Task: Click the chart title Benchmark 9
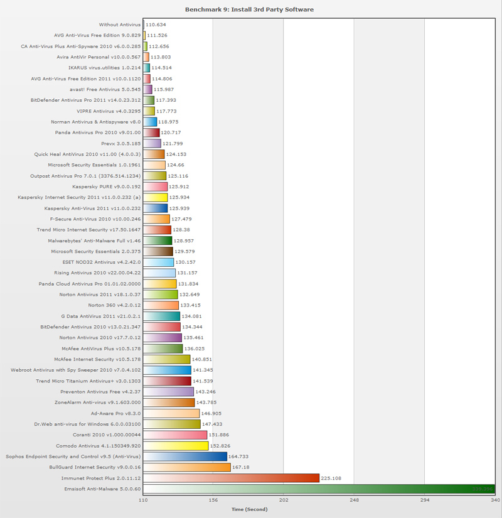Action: (x=250, y=9)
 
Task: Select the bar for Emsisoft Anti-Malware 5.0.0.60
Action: (x=319, y=489)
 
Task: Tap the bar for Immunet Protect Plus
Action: (x=232, y=478)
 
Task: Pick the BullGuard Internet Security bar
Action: (x=187, y=467)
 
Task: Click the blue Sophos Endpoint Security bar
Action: (x=185, y=456)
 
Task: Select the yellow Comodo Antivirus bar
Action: (x=176, y=446)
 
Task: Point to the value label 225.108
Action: (x=333, y=478)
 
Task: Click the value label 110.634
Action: (x=156, y=24)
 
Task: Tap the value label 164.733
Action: (x=240, y=456)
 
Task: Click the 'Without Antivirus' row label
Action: (x=120, y=24)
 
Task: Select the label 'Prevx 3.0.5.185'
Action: (x=116, y=143)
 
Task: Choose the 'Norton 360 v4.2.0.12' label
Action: (x=114, y=305)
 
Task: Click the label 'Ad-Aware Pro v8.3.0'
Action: (x=115, y=413)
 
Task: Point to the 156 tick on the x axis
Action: (x=213, y=500)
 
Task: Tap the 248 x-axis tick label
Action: (x=355, y=500)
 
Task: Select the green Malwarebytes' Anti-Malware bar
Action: (x=158, y=240)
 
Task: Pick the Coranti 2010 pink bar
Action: (x=175, y=435)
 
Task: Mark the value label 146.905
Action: (x=213, y=414)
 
